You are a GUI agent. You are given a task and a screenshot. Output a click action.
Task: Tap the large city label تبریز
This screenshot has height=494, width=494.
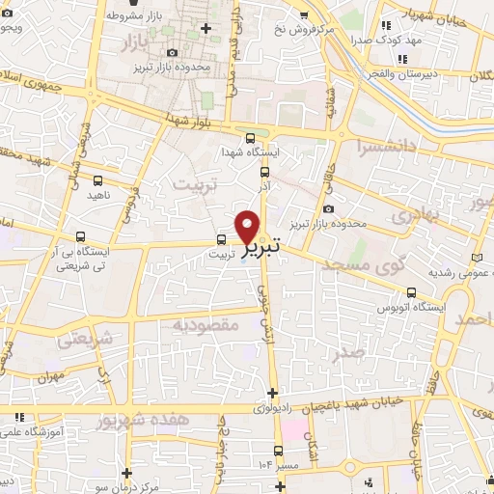(261, 249)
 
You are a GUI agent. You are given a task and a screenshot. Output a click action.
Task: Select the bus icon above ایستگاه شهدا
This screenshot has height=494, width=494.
(251, 138)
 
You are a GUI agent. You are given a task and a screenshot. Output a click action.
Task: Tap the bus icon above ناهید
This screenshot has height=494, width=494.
(97, 179)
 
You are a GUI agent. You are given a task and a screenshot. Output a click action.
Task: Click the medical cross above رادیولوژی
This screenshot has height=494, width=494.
(274, 392)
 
